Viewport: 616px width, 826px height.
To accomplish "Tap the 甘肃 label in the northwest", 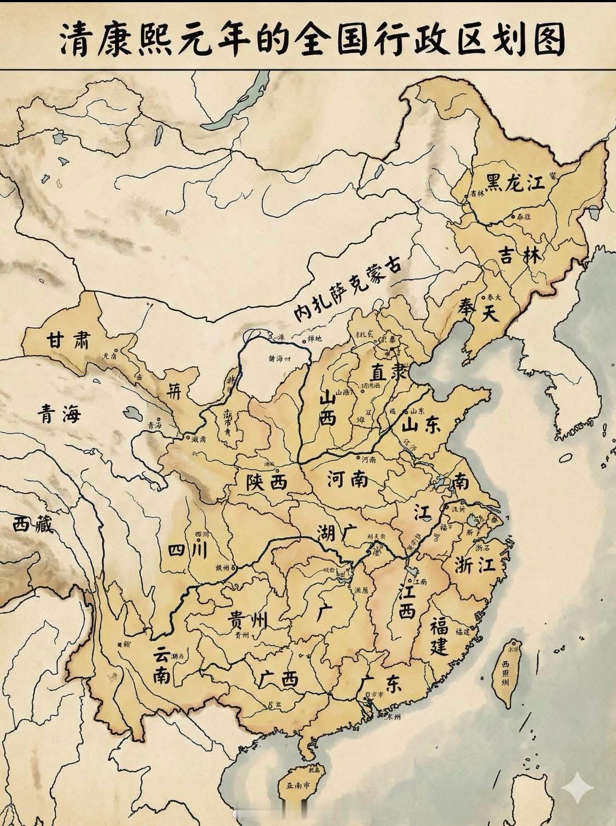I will click(67, 340).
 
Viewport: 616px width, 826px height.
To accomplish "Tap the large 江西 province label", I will click(407, 601).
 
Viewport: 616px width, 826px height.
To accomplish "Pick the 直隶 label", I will click(389, 373).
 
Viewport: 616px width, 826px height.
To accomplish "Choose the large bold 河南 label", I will click(347, 480).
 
